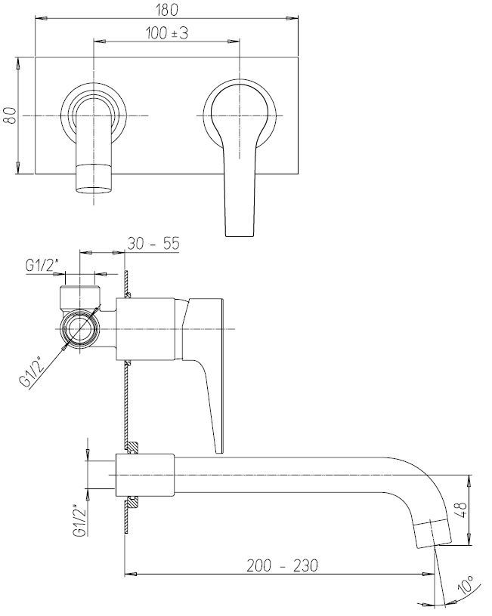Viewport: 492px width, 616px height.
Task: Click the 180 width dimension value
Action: [x=167, y=11]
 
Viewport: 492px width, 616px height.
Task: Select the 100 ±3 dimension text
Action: [x=167, y=33]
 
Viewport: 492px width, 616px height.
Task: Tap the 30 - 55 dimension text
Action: [x=153, y=244]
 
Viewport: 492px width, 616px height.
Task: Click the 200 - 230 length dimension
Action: [x=282, y=565]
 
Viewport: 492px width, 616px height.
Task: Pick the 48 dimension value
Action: [x=463, y=510]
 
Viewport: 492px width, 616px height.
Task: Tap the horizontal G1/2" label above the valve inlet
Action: [x=42, y=266]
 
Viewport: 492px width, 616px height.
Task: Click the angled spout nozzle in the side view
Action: [x=433, y=533]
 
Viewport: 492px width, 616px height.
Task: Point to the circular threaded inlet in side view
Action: [x=81, y=329]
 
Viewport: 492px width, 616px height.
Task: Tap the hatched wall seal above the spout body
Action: [x=132, y=447]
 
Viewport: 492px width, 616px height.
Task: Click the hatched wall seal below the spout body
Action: [x=132, y=503]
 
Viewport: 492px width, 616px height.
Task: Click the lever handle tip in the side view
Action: [x=219, y=449]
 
